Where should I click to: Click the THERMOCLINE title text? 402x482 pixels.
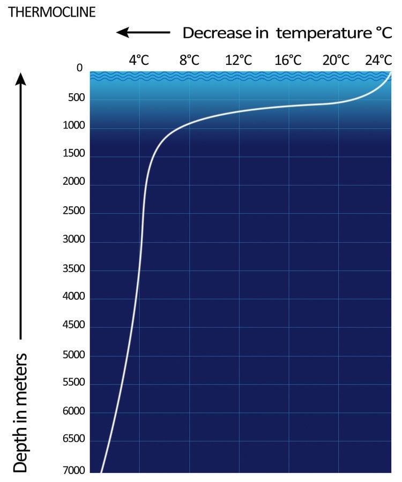(52, 12)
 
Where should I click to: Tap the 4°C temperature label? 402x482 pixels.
(139, 59)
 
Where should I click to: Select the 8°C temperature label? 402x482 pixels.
(189, 59)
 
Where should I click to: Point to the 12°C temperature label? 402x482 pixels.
(239, 59)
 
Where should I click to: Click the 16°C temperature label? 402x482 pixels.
(288, 59)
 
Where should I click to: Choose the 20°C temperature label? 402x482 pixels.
(337, 59)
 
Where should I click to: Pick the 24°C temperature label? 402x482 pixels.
(379, 59)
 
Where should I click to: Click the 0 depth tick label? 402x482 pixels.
(80, 69)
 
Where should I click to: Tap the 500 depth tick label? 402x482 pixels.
(74, 99)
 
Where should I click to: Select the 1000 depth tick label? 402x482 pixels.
(72, 126)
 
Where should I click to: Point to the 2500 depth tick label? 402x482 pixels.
(72, 210)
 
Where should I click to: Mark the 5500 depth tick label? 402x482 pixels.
(72, 382)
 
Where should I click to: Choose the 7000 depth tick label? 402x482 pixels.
(72, 470)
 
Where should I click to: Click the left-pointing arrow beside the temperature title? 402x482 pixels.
(143, 33)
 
